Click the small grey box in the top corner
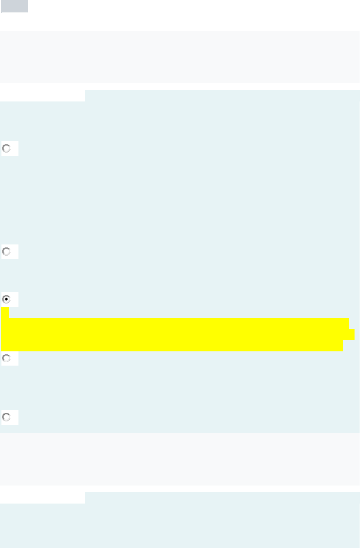(15, 6)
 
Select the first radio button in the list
(6, 148)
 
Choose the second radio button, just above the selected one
(6, 252)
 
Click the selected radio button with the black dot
(6, 299)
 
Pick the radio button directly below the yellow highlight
(6, 358)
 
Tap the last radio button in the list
(6, 417)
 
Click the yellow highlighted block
(176, 334)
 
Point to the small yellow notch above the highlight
(5, 312)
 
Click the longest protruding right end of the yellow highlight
(352, 335)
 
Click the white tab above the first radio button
(42, 95)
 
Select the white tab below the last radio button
(42, 498)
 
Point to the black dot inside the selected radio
(6, 299)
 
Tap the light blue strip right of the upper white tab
(222, 95)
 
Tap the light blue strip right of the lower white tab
(222, 498)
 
